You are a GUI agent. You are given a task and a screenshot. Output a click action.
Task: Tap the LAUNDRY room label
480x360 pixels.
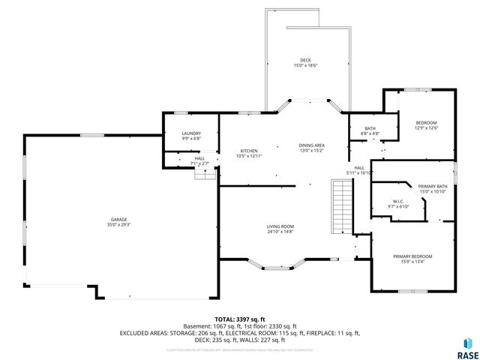click(191, 133)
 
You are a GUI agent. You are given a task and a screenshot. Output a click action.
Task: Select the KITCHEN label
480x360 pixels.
click(249, 150)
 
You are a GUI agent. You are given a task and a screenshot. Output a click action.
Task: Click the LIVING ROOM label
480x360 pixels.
click(280, 226)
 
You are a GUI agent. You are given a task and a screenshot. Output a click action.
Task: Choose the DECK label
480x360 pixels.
click(305, 60)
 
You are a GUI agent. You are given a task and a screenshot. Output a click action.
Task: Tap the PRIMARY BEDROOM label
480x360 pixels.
click(412, 256)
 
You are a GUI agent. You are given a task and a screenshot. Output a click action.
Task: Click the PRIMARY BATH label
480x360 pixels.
click(433, 186)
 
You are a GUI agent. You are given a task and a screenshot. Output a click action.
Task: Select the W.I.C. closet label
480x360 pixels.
click(398, 201)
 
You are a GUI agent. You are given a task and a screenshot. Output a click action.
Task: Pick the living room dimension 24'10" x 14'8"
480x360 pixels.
click(280, 232)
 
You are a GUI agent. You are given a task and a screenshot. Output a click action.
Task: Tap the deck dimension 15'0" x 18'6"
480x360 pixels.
click(305, 65)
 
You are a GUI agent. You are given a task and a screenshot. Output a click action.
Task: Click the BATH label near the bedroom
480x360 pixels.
click(370, 128)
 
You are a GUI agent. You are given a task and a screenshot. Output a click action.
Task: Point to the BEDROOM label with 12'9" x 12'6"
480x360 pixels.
click(426, 122)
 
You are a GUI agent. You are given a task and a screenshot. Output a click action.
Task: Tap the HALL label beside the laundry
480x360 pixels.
click(199, 158)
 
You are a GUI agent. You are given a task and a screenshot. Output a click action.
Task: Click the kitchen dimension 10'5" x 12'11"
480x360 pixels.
click(249, 155)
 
